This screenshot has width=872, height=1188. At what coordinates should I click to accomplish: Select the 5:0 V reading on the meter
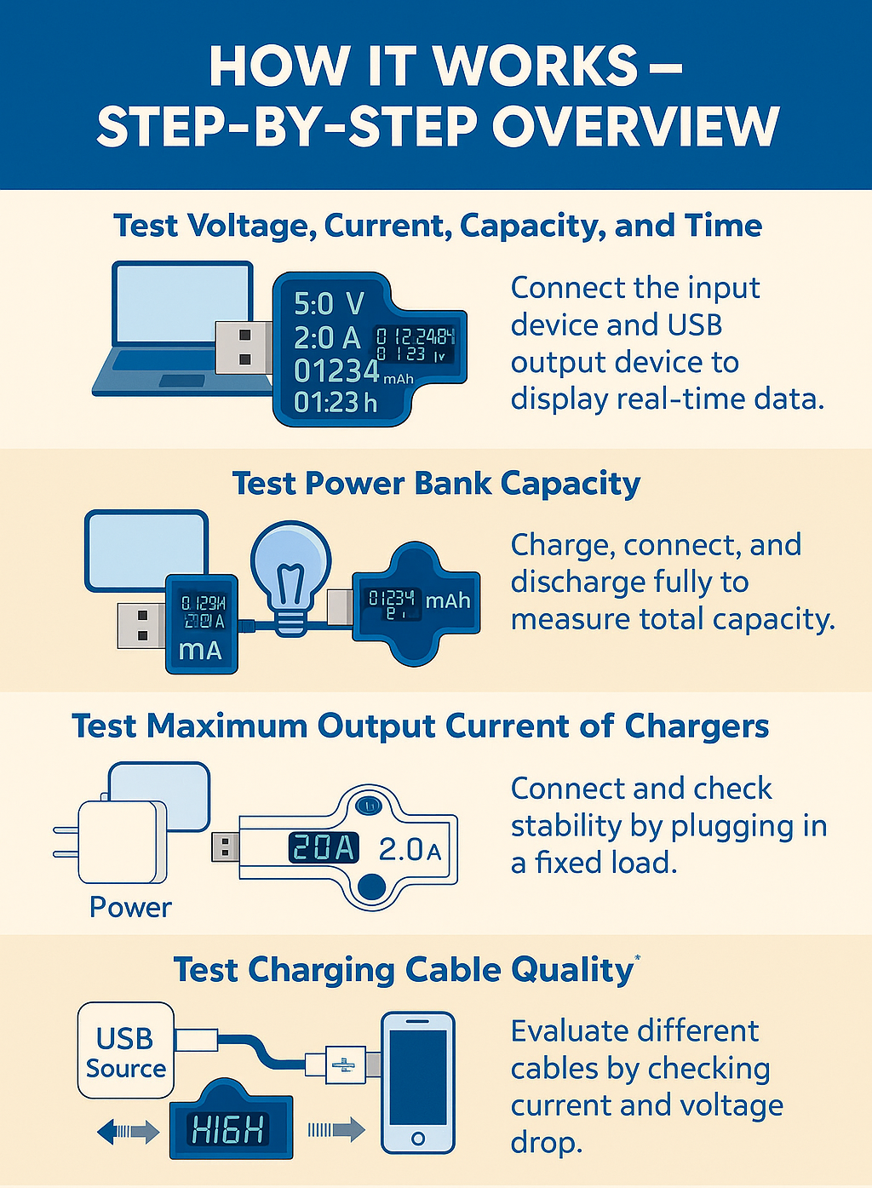pos(329,303)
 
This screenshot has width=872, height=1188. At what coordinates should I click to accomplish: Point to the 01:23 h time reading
pos(335,402)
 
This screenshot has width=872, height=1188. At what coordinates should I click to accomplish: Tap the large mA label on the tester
pos(200,650)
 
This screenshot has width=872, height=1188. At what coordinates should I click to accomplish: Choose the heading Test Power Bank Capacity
pos(436,483)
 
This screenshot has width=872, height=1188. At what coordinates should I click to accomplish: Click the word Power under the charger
pos(130,907)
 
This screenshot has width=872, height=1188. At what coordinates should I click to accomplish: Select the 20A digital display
pos(323,847)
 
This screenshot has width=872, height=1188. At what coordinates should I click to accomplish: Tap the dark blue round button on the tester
pos(369,887)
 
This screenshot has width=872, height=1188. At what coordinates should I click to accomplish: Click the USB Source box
pos(126,1051)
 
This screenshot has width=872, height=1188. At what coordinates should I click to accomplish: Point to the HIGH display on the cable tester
pos(229,1130)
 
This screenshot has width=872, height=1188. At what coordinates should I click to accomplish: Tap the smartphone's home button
pos(417,1138)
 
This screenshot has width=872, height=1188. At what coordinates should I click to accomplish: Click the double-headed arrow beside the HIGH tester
pos(128,1131)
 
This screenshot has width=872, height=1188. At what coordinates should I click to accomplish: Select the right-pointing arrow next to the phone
pos(336,1130)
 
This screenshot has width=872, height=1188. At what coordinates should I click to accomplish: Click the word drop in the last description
pos(546,1142)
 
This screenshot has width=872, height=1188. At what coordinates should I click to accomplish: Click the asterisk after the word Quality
pos(637,959)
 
